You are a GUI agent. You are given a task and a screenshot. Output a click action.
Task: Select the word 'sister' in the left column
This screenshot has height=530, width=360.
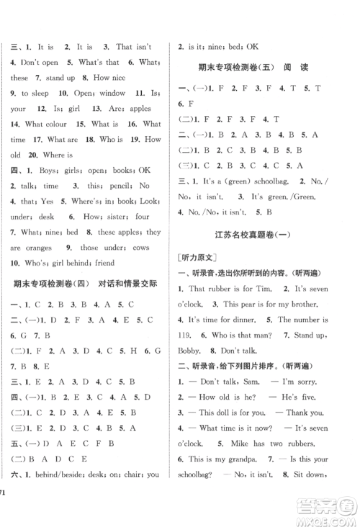click(x=117, y=216)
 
